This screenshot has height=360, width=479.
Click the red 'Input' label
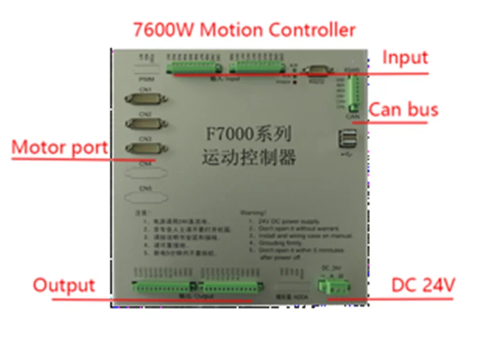point(405,57)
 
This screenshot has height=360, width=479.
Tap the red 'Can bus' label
point(404,110)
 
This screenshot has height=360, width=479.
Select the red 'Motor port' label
point(59,147)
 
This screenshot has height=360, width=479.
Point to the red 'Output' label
point(64,285)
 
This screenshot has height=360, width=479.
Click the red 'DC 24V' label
point(423,285)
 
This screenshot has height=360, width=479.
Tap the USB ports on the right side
point(348,140)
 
